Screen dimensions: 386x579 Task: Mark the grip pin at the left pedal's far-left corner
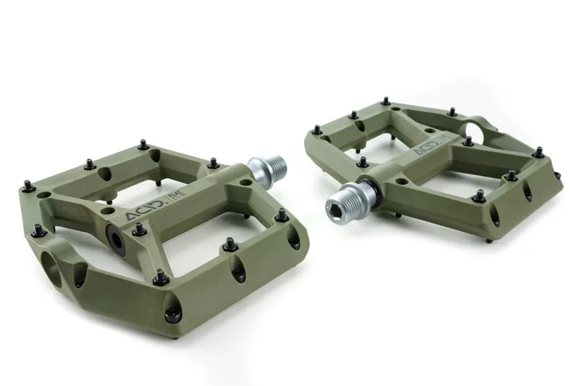point(28,187)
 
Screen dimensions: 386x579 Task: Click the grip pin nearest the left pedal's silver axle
point(214,164)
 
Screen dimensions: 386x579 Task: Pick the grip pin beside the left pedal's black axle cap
point(138,230)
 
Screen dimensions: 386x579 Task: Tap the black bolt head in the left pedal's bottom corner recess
point(172,314)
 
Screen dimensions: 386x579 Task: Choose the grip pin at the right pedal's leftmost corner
point(316,130)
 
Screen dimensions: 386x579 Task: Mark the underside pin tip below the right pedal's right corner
point(489,240)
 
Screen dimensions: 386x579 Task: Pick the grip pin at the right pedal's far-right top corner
point(538,152)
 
